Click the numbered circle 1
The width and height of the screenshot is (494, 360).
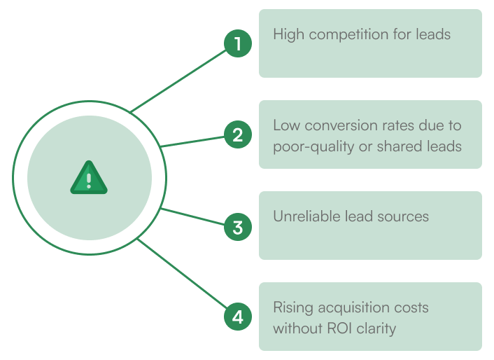(238, 44)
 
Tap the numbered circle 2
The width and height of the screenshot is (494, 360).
(238, 134)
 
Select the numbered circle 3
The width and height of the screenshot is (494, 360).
(238, 227)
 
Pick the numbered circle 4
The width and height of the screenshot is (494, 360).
(238, 317)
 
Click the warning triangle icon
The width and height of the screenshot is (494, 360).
(89, 178)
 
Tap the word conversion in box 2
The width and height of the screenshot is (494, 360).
(334, 126)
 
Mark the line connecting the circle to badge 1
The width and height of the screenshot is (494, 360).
(178, 80)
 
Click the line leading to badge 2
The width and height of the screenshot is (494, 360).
(192, 141)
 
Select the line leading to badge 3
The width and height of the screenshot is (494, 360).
(192, 216)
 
